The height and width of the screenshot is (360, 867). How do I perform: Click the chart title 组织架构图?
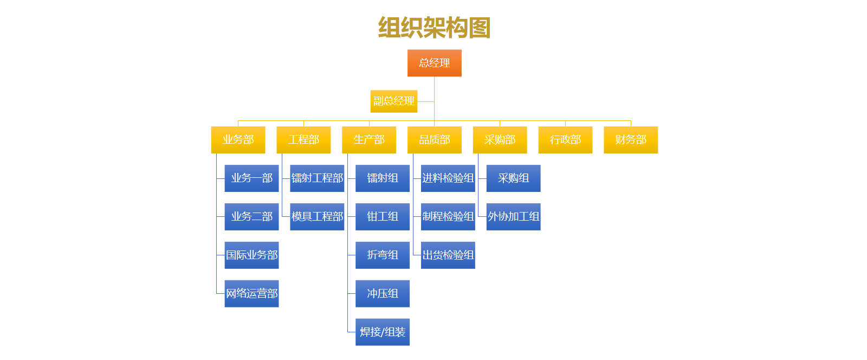click(434, 28)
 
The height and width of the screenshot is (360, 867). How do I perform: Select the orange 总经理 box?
click(434, 63)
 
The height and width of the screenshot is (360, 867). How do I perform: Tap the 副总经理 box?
click(394, 101)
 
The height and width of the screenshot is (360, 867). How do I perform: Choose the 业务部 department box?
click(238, 140)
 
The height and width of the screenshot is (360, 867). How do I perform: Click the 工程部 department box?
click(303, 140)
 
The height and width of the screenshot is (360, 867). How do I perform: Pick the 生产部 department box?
click(369, 140)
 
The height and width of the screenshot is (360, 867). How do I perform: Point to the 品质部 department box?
click(434, 140)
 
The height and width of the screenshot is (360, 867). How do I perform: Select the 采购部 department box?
click(500, 140)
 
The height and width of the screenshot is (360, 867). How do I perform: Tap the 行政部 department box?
click(565, 140)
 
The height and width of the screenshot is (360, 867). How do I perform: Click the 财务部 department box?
click(631, 140)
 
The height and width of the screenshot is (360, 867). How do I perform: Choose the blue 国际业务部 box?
click(251, 255)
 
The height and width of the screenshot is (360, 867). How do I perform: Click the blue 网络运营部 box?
click(251, 294)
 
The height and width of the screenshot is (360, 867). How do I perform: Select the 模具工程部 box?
click(317, 217)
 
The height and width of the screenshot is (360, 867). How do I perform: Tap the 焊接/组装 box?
click(383, 332)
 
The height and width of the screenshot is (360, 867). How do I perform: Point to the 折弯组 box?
click(383, 255)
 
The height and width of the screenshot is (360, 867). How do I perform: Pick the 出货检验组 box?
click(448, 255)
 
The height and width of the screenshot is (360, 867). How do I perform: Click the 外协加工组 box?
click(513, 217)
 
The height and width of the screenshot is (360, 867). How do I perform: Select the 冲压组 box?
click(383, 294)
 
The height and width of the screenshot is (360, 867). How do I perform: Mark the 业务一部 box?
click(251, 178)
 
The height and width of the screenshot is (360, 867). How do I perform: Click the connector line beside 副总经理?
click(426, 101)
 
